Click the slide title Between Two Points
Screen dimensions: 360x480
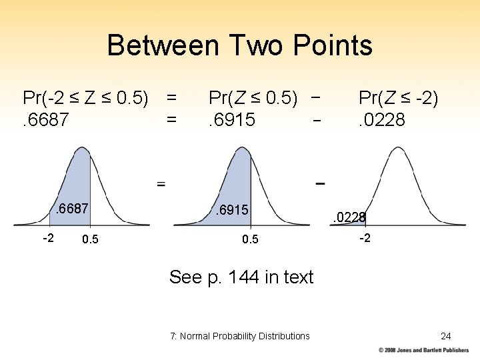click(239, 45)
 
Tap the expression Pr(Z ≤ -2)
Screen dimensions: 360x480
click(399, 99)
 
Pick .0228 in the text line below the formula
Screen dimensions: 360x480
click(381, 121)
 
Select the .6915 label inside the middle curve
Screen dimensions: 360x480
click(231, 211)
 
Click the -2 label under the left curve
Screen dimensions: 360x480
click(49, 238)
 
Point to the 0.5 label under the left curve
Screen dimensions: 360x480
click(89, 239)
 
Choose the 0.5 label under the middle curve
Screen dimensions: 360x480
click(250, 239)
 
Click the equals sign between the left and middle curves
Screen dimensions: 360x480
click(161, 183)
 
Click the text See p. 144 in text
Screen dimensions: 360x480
click(241, 277)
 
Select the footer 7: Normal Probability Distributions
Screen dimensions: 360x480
click(240, 336)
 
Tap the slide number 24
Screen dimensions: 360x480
click(446, 336)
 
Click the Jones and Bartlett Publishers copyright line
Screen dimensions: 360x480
click(423, 350)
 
